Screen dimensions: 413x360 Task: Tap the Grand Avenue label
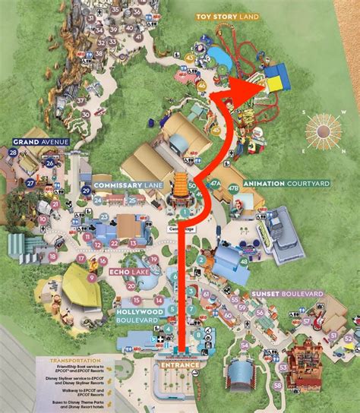click(x=41, y=141)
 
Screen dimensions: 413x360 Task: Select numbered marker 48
click(x=243, y=262)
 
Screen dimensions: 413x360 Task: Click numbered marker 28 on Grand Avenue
click(x=13, y=152)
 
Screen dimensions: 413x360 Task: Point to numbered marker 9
click(x=91, y=277)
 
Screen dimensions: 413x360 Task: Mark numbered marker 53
click(x=283, y=367)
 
